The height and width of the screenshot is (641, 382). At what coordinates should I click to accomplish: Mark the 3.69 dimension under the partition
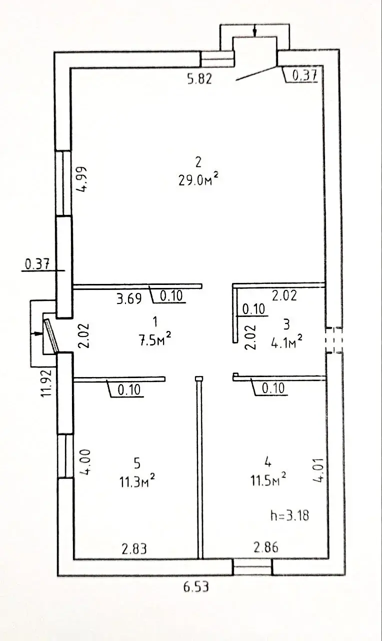point(129,299)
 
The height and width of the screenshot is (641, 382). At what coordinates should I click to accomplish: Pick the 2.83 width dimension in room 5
point(133,548)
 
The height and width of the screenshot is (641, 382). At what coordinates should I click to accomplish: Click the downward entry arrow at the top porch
point(254,31)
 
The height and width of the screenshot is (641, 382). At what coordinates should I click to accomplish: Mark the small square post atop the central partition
point(199,379)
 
